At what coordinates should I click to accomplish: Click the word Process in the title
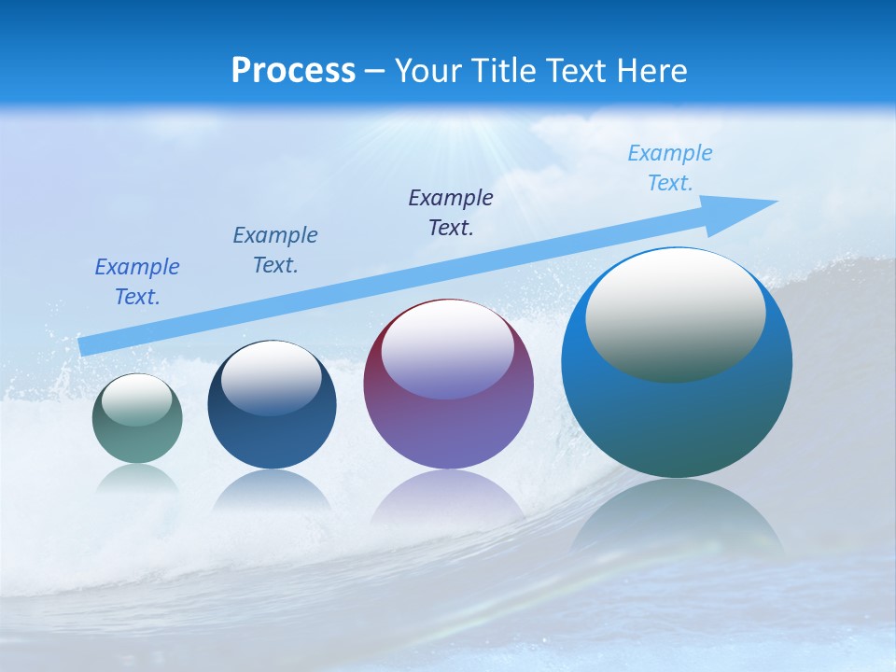pyautogui.click(x=293, y=71)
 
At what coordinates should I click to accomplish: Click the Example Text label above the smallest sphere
pyautogui.click(x=137, y=282)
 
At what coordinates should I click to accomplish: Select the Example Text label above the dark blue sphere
pyautogui.click(x=275, y=250)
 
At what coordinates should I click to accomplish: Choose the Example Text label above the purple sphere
pyautogui.click(x=451, y=213)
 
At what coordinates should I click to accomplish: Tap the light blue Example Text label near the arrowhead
pyautogui.click(x=670, y=168)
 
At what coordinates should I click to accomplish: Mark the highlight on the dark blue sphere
pyautogui.click(x=272, y=376)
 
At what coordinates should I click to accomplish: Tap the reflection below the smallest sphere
pyautogui.click(x=137, y=481)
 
